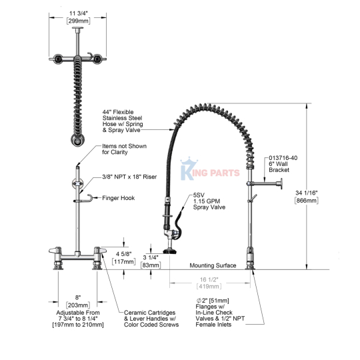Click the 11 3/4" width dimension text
(x=79, y=14)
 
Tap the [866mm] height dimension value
(x=306, y=201)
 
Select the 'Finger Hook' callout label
(x=119, y=198)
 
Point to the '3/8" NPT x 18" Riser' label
(x=129, y=177)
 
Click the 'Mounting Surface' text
(x=213, y=265)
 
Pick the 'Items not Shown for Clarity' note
(x=124, y=149)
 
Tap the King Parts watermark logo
(x=210, y=169)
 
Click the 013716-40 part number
(x=283, y=158)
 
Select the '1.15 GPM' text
(x=207, y=201)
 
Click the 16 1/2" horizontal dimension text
(x=209, y=279)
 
